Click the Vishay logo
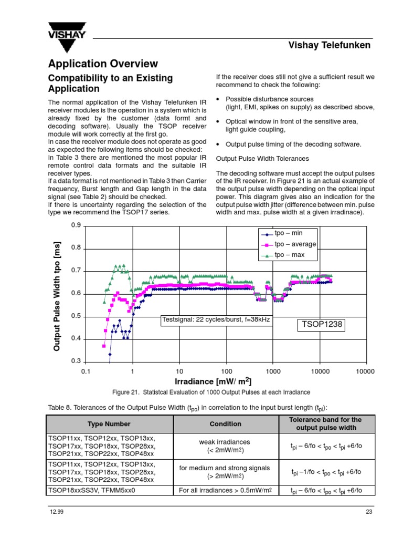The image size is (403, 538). click(67, 36)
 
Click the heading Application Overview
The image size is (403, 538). click(103, 64)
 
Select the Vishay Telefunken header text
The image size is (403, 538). click(330, 45)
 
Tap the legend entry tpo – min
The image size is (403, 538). click(288, 233)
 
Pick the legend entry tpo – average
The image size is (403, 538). click(295, 244)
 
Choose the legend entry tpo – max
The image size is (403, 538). click(289, 255)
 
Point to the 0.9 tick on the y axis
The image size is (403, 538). click(76, 225)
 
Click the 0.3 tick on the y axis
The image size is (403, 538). click(76, 361)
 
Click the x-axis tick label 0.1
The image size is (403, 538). click(86, 371)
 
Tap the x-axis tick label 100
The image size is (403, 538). click(226, 371)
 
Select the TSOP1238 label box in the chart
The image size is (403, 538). click(321, 324)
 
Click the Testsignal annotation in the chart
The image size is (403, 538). click(216, 320)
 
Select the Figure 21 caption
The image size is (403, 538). click(211, 392)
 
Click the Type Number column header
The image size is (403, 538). click(110, 424)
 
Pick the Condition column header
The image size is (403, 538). click(226, 424)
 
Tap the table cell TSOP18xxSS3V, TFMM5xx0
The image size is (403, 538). click(92, 491)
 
